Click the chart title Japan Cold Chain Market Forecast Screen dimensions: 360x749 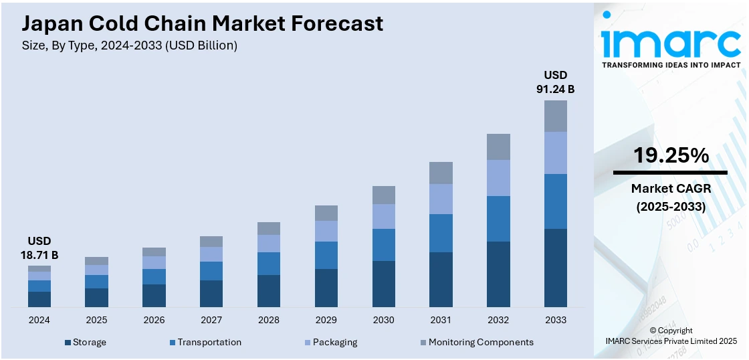[203, 24]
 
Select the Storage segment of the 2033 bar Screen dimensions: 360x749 [555, 268]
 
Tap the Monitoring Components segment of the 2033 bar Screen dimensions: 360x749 [555, 116]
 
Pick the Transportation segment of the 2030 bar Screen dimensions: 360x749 [383, 245]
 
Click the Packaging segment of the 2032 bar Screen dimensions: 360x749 [498, 178]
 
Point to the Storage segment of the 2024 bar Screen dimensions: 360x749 [39, 299]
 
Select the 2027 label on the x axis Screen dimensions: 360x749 [211, 320]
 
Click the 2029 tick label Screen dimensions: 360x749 [326, 320]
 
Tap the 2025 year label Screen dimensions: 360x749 [96, 320]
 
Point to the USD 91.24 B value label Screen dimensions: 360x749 [555, 81]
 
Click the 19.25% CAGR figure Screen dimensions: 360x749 [671, 156]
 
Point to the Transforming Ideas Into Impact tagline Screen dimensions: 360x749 [671, 65]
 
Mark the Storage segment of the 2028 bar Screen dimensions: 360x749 [269, 291]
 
